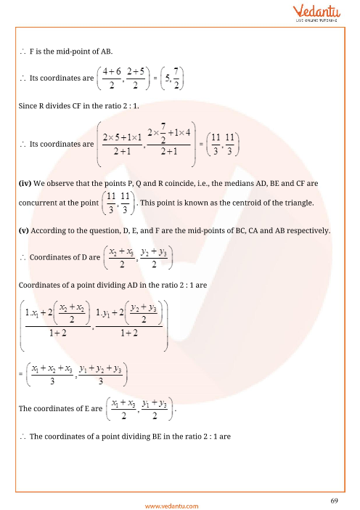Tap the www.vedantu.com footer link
click(179, 498)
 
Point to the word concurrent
click(39, 203)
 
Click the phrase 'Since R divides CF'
click(50, 107)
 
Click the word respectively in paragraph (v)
click(308, 230)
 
